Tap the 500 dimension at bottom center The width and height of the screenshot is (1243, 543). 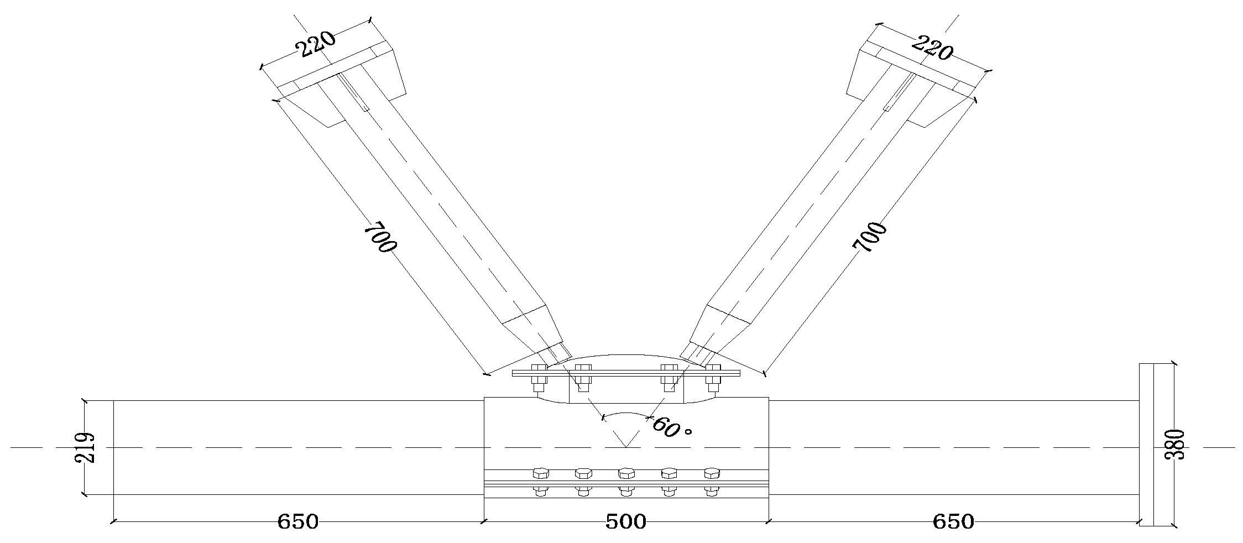coord(625,522)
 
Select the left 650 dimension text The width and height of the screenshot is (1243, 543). coord(297,522)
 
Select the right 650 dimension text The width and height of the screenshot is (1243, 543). coord(953,522)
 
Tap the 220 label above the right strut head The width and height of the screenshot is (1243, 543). coord(932,48)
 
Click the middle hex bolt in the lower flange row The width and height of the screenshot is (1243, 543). coord(626,473)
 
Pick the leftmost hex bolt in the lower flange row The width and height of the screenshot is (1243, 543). coord(540,473)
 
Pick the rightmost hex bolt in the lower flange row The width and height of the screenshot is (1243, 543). coord(712,473)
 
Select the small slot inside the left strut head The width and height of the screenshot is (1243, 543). coord(354,93)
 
